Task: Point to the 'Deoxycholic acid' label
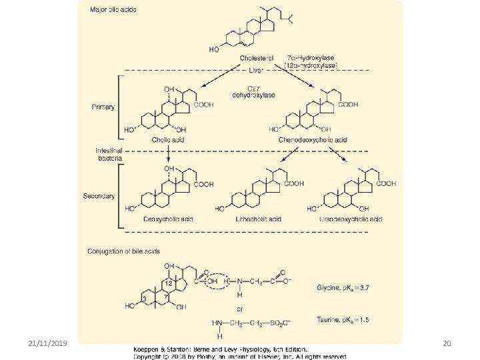click(x=167, y=219)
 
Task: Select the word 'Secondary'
click(x=99, y=196)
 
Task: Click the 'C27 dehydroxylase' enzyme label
click(x=255, y=91)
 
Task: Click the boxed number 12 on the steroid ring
click(x=169, y=285)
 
